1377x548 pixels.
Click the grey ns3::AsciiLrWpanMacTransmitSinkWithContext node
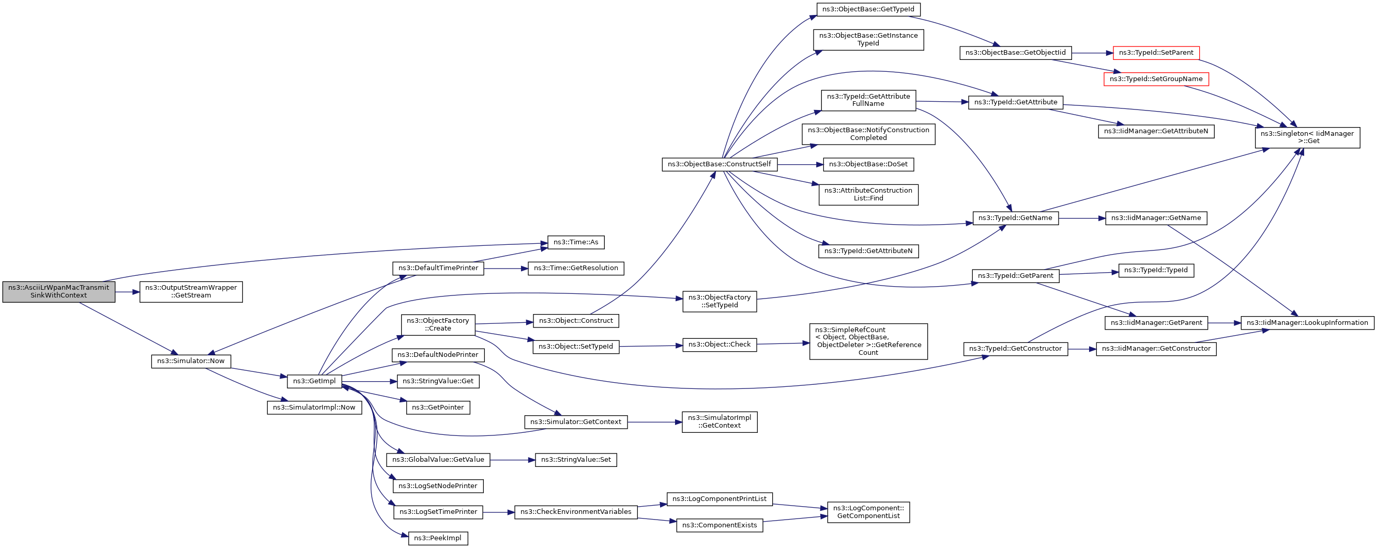tap(59, 292)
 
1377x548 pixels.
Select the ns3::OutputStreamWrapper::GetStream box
tap(191, 292)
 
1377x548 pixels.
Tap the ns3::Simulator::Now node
tap(191, 361)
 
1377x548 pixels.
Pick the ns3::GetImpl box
tap(314, 381)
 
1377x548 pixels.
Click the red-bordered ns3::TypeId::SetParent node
tap(1156, 53)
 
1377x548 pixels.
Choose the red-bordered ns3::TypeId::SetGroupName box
tap(1156, 79)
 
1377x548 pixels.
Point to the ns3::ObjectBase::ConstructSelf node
tap(720, 165)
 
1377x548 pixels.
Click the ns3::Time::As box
tap(576, 242)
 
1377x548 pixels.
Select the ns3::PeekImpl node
tap(438, 538)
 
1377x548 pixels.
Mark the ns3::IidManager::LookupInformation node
tap(1308, 323)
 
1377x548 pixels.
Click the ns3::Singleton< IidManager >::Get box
tap(1308, 137)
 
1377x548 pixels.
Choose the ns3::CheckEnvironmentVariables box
tap(576, 512)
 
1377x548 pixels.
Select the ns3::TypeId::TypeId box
tap(1156, 270)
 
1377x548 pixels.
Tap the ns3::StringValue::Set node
tap(576, 460)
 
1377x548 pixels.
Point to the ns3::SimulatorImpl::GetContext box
tap(720, 422)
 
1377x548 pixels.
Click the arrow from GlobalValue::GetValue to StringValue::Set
tap(513, 460)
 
